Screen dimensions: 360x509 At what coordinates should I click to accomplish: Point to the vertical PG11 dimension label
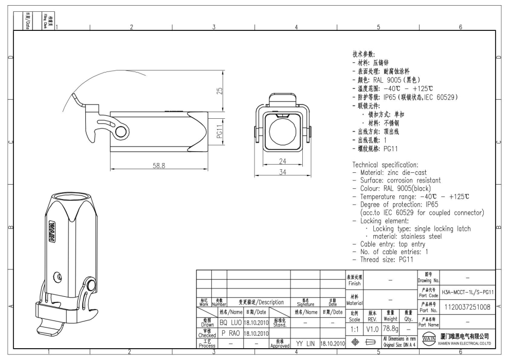point(220,132)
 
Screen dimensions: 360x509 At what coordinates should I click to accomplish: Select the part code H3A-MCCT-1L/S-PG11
point(467,292)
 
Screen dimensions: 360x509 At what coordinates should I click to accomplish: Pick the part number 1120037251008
point(467,307)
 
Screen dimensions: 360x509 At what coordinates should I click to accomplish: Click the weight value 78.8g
point(390,328)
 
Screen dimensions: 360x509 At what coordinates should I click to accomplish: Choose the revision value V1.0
point(373,328)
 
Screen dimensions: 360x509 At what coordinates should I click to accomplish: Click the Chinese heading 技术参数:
point(364,54)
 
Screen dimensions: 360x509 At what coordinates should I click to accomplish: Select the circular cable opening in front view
point(281,132)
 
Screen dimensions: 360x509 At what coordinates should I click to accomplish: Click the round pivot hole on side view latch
point(121,133)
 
